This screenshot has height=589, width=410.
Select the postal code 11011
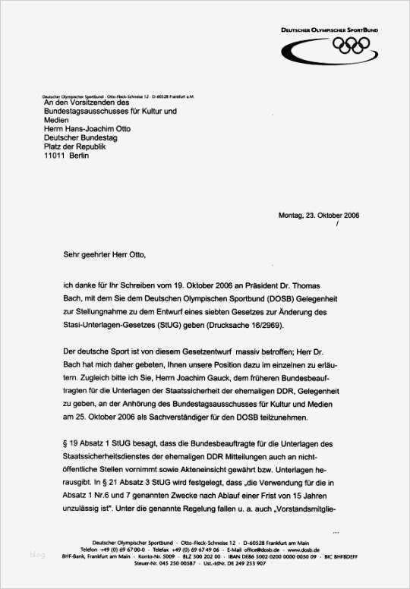[55, 155]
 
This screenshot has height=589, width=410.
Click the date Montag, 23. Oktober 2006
[319, 215]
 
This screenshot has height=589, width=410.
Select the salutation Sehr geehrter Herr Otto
[103, 256]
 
